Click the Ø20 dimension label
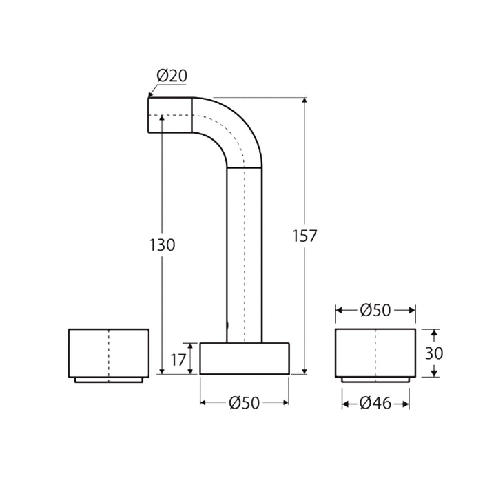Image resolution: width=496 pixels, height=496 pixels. (172, 76)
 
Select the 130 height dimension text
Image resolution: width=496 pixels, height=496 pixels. (163, 245)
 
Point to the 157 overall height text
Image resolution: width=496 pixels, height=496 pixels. (304, 236)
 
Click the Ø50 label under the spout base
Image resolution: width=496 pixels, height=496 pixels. (244, 403)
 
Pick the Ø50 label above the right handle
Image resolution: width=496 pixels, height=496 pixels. (375, 311)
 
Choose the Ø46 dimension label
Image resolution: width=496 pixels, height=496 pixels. (375, 403)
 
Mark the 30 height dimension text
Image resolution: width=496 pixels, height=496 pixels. (434, 353)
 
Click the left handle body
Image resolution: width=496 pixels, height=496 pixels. (90, 353)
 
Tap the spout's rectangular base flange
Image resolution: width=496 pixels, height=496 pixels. (244, 358)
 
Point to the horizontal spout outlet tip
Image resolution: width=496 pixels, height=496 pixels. (169, 114)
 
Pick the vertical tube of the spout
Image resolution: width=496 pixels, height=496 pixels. (245, 255)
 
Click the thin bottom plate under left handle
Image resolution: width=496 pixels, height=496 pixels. (109, 380)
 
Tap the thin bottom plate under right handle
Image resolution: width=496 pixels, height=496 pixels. (375, 380)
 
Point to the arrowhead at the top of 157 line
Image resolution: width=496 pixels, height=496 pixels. (304, 101)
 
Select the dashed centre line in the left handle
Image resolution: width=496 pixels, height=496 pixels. (109, 353)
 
